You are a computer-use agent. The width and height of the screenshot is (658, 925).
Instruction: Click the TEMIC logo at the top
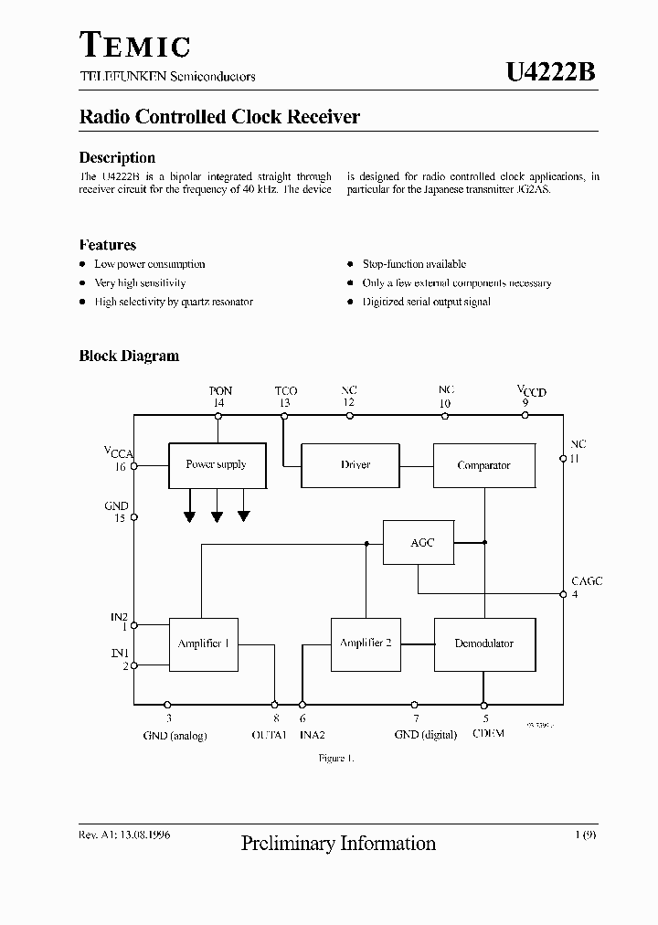(134, 46)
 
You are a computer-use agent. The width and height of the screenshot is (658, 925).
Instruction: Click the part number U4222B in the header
(551, 73)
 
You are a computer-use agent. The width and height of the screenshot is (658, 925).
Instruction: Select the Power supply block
(217, 464)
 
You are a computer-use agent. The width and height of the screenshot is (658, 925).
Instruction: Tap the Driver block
(356, 465)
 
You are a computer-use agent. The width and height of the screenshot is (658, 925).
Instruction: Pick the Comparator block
(483, 465)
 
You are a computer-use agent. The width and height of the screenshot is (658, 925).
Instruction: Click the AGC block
(422, 542)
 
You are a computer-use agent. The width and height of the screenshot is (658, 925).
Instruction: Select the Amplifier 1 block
(203, 643)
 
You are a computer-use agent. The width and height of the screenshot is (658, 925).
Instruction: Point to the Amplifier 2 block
(366, 643)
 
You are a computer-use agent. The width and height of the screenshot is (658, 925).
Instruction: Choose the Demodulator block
(483, 643)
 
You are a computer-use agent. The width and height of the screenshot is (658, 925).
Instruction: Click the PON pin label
(220, 391)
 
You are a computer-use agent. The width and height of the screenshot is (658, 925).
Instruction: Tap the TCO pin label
(285, 391)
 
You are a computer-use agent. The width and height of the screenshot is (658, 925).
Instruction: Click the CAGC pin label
(586, 581)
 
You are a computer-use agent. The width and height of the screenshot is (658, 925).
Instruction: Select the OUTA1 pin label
(270, 735)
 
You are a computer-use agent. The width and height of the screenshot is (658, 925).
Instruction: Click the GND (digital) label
(425, 735)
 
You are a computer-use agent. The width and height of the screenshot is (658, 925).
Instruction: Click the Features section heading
(108, 245)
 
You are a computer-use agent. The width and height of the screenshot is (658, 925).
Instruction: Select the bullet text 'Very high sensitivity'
(140, 283)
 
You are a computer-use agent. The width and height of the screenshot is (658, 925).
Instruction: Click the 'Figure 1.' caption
(335, 759)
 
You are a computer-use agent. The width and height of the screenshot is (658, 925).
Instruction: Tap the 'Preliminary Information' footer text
(338, 844)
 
